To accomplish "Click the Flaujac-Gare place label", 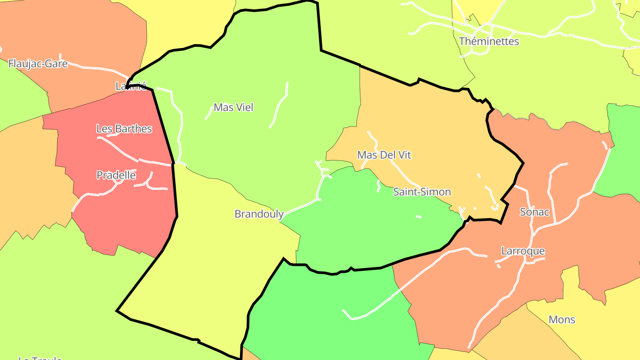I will (x=38, y=64).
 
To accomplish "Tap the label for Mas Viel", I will (x=233, y=107).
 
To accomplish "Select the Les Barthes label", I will (x=124, y=129).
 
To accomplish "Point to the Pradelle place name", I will (x=116, y=175).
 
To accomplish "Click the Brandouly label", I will (x=259, y=214).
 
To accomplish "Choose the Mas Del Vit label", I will (x=384, y=155).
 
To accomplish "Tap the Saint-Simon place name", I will (x=422, y=192).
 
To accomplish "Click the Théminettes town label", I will (x=489, y=41).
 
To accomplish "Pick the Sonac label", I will (x=535, y=212).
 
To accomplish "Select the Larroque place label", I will (x=523, y=251).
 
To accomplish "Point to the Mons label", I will (x=562, y=320).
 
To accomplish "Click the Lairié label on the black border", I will (x=131, y=86).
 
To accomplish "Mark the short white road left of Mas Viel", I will (x=208, y=113).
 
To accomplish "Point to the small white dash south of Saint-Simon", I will (x=418, y=216).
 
